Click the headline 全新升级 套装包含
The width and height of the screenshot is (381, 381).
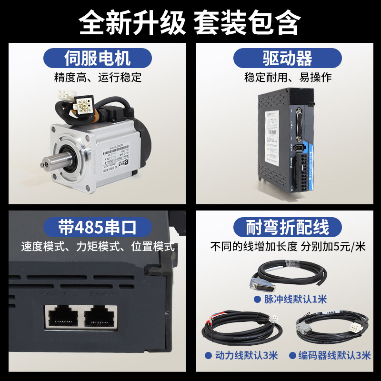pyautogui.click(x=190, y=21)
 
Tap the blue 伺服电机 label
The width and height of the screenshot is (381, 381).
pyautogui.click(x=98, y=59)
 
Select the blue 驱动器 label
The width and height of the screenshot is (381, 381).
pyautogui.click(x=287, y=59)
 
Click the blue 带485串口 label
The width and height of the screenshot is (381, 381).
pyautogui.click(x=98, y=227)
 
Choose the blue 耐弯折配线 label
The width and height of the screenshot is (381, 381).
pyautogui.click(x=287, y=227)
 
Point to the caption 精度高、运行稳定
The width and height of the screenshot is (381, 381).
pyautogui.click(x=98, y=77)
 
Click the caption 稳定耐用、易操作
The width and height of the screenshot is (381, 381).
pyautogui.click(x=288, y=77)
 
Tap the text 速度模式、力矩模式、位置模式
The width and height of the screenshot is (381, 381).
pyautogui.click(x=98, y=247)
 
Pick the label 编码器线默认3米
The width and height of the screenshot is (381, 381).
pyautogui.click(x=333, y=355)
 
